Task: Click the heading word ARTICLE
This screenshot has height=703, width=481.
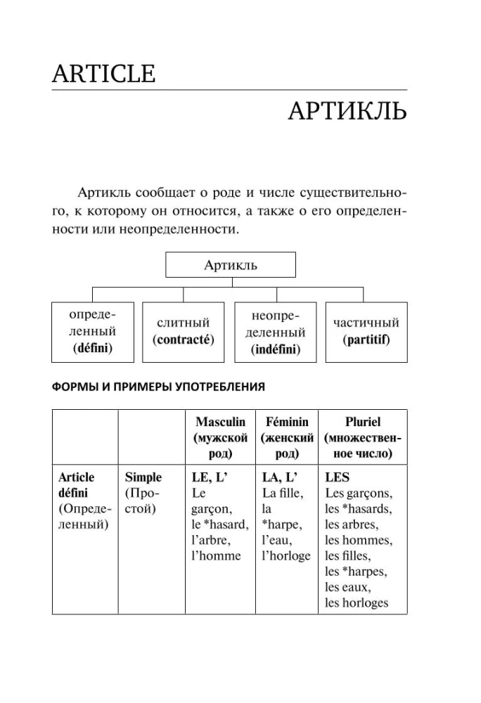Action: point(103,73)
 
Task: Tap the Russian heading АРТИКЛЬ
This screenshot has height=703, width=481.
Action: point(347,112)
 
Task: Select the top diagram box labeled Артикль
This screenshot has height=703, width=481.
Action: point(231,265)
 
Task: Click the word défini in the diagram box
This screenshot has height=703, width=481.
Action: point(93,347)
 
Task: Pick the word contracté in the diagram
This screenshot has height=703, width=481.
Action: point(184,339)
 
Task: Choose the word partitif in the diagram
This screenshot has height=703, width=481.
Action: point(366,339)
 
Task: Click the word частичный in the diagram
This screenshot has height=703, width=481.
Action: point(366,323)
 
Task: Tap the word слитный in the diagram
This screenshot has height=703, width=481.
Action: point(184,323)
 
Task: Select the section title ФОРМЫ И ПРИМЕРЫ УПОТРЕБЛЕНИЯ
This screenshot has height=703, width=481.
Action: point(158,386)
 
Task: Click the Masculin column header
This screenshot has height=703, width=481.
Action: point(220,423)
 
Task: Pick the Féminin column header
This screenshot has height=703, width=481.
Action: point(287,423)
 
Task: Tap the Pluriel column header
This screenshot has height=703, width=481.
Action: point(363,423)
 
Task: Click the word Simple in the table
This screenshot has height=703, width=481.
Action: point(143,477)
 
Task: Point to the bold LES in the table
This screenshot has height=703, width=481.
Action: point(338,477)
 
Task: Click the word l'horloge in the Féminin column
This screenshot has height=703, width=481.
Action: point(286,555)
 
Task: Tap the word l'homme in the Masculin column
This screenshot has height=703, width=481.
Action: point(216,555)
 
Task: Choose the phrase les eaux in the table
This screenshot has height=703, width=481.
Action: point(347,587)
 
